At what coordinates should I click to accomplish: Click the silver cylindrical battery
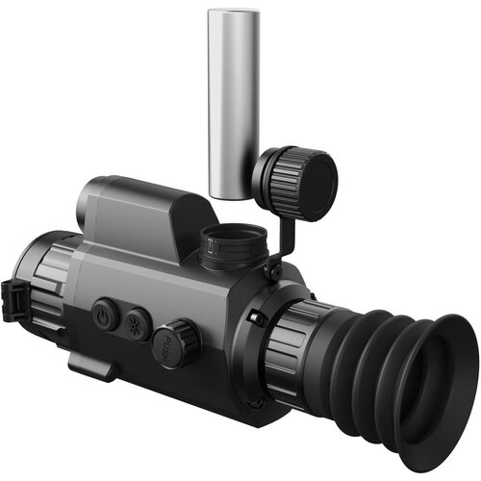point(234,104)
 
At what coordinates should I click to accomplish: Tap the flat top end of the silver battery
point(234,13)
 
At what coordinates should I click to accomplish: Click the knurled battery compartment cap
point(295,183)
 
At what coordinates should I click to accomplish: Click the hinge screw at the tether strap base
point(275,271)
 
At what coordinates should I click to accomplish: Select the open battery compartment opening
point(235,234)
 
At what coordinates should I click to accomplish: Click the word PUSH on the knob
point(167,348)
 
